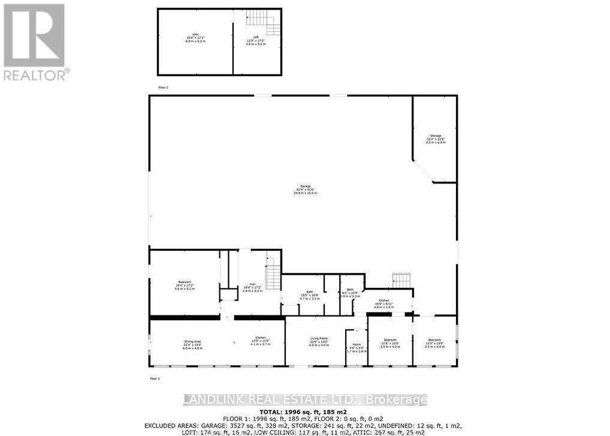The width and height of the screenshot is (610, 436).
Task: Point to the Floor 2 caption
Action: click(163, 88)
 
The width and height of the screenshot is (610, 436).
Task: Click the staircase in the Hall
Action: click(273, 277)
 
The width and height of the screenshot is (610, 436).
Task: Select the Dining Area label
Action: click(192, 344)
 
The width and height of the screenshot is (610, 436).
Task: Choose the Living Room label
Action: click(319, 342)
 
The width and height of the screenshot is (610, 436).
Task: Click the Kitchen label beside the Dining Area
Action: click(261, 341)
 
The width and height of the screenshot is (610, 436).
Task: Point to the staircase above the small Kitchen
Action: click(401, 280)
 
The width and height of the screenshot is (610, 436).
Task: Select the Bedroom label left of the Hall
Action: click(185, 286)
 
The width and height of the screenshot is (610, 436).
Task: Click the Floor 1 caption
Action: click(155, 378)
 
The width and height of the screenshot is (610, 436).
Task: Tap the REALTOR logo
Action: click(34, 42)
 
